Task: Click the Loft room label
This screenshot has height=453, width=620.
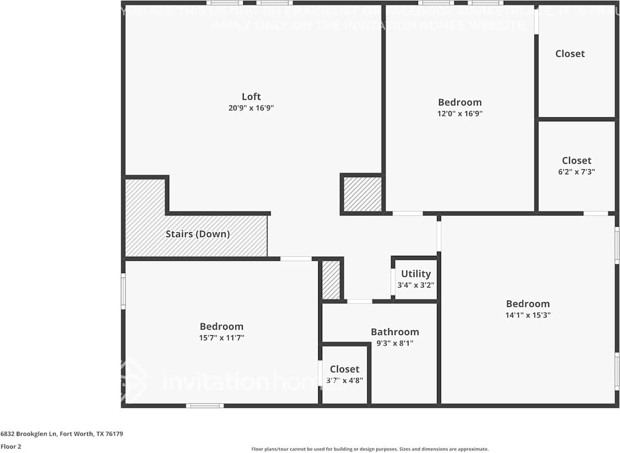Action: [251, 96]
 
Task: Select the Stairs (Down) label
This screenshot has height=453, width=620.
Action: [197, 234]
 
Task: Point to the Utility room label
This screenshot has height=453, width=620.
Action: [416, 274]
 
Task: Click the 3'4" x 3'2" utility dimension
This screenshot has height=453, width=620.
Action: [416, 285]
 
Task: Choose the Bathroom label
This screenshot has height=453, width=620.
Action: [395, 332]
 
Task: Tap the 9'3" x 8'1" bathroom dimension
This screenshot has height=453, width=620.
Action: [395, 343]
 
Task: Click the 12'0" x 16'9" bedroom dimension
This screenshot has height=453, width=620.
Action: [459, 114]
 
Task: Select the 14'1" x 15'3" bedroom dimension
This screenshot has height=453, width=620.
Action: [527, 315]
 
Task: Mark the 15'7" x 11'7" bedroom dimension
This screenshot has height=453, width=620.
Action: [221, 338]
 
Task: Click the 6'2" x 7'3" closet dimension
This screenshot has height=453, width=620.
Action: [577, 172]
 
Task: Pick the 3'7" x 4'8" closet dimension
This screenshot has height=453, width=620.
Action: [344, 380]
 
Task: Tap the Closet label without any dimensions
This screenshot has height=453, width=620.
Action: [570, 54]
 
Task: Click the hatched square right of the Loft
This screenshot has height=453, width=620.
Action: [362, 194]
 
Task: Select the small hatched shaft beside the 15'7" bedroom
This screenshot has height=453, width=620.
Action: [331, 280]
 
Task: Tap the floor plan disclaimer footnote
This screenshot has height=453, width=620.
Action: [370, 449]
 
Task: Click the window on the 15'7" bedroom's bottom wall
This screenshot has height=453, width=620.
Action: [204, 406]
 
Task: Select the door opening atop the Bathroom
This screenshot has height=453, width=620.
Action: [359, 301]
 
